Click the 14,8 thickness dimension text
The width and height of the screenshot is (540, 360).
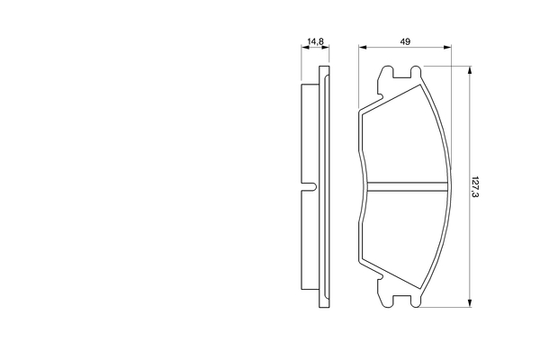coord(314,41)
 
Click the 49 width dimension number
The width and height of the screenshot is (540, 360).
coord(405,40)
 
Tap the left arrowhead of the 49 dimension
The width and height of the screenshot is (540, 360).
coord(362,48)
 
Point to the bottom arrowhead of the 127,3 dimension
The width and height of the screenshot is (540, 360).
coord(469,304)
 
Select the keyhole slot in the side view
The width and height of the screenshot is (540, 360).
coord(309,187)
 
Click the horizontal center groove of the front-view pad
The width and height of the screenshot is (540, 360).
coord(409,187)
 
